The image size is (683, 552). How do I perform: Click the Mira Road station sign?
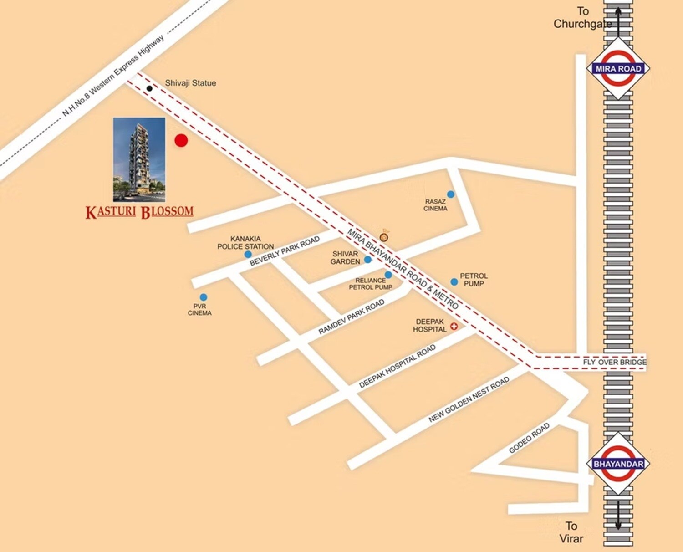[x=618, y=69]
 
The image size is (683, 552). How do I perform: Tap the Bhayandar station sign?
[x=618, y=464]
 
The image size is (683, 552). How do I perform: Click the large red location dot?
[x=181, y=140]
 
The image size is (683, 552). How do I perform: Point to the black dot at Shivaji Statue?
[x=149, y=88]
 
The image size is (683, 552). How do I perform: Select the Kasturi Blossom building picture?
[x=139, y=159]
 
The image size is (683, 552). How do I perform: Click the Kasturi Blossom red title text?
[x=139, y=212]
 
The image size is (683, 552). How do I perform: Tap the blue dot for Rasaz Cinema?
[x=450, y=194]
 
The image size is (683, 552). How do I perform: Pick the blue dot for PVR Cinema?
[x=204, y=297]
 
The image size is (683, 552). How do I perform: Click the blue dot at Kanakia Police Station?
[x=248, y=254]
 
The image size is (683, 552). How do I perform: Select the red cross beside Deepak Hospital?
[x=454, y=327]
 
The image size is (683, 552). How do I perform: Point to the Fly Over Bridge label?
[x=615, y=362]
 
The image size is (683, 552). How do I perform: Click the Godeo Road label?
[x=529, y=438]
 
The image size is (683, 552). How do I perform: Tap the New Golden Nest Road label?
[x=469, y=400]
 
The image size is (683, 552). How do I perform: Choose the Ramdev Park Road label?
[x=351, y=317]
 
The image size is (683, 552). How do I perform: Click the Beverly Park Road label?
[x=284, y=251]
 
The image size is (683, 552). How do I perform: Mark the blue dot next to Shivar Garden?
[x=367, y=260]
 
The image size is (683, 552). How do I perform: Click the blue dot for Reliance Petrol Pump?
[x=388, y=275]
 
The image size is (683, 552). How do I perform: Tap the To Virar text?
[x=571, y=532]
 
